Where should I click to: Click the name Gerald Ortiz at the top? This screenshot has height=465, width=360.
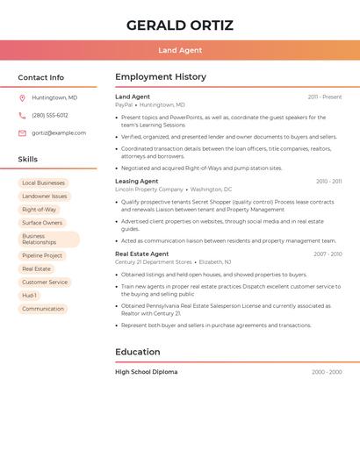pos(180,25)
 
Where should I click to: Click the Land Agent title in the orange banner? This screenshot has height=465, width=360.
pos(180,50)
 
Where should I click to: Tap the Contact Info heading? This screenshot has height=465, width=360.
pos(41,77)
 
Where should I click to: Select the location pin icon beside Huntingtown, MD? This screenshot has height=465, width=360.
pos(22,97)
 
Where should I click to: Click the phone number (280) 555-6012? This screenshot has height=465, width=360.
pos(50,115)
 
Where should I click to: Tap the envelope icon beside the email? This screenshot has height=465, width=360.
pos(22,133)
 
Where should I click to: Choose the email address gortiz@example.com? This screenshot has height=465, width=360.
pos(59,133)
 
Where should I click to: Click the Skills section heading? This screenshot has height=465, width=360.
pos(28,160)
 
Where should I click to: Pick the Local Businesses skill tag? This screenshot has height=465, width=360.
pos(43,183)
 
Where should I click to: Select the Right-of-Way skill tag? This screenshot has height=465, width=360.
pos(39,210)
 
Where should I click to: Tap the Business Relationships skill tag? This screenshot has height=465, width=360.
pos(48,239)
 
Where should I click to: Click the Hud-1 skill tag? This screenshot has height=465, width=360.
pos(30,296)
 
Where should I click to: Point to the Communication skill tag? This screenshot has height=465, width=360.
pos(43,309)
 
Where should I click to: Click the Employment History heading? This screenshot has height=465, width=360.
pos(161,77)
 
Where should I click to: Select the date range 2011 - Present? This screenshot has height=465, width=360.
pos(325,97)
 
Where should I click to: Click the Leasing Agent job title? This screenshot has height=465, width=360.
pos(136,182)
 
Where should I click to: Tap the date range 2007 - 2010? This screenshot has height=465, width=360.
pos(328,254)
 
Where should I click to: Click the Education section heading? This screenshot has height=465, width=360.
pos(138,352)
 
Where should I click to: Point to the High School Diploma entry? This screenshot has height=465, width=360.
pos(147,372)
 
